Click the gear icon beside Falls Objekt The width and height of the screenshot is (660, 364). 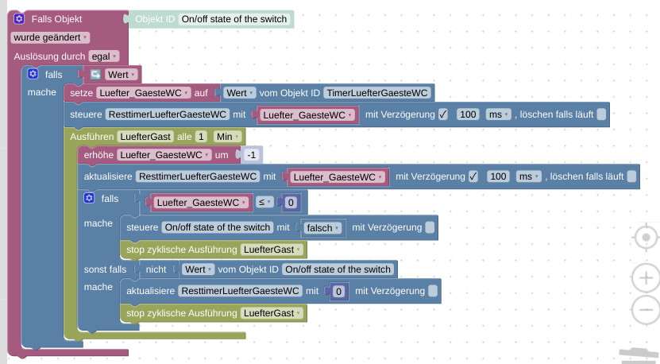coord(19,19)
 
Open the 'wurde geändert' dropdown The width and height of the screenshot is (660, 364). coord(50,37)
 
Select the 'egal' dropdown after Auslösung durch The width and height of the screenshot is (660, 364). coord(103,56)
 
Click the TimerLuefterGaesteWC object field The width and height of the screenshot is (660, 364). coord(377,93)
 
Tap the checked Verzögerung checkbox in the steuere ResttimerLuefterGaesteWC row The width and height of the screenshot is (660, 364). coord(443,114)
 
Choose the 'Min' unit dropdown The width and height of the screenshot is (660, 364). coord(228,137)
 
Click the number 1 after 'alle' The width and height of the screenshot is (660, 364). coord(201,137)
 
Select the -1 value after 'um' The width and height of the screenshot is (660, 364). coord(252,155)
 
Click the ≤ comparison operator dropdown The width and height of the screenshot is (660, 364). coord(264,203)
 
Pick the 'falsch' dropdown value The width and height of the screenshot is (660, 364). coord(322,228)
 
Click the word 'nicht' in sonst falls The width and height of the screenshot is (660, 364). coord(156,269)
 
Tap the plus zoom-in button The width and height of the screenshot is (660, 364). coord(646,278)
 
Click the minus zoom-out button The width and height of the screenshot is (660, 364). coord(646,310)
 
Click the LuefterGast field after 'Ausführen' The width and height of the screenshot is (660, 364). coord(145,137)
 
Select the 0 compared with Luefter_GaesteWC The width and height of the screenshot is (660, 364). coord(291,203)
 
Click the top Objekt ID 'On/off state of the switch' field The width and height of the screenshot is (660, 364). coord(234,19)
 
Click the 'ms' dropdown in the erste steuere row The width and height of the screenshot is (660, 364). coord(499,114)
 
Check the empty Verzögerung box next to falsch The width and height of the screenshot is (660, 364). coord(430,227)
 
